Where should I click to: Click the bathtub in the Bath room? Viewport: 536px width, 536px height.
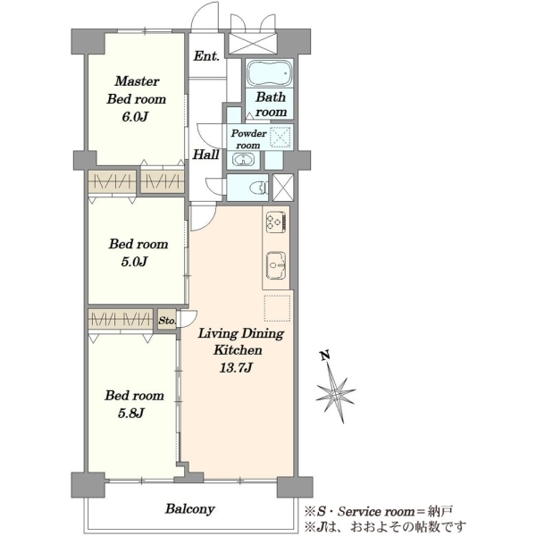270,73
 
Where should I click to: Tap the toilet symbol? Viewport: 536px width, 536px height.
260,188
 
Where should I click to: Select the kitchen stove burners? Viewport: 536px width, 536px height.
276,222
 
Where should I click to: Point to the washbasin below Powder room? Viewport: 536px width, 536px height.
242,159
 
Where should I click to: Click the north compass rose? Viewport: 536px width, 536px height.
336,392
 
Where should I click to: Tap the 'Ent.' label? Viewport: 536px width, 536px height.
206,56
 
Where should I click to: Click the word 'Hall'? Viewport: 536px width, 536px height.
205,155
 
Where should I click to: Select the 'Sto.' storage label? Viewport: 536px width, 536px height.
167,321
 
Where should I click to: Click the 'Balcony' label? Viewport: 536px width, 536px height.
190,508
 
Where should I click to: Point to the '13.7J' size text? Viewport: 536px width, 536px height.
236,368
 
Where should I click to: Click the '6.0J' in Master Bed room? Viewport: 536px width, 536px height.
135,117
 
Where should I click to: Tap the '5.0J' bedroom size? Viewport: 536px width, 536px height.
134,262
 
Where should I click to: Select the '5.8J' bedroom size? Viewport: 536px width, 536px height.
131,414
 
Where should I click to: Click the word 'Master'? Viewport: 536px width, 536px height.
137,81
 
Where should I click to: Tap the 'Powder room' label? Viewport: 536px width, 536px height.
248,138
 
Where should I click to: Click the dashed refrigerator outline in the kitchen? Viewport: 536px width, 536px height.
277,308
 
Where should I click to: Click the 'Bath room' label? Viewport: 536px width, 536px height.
271,104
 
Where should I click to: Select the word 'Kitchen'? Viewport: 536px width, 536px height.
238,350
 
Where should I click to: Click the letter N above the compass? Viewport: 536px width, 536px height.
325,356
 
